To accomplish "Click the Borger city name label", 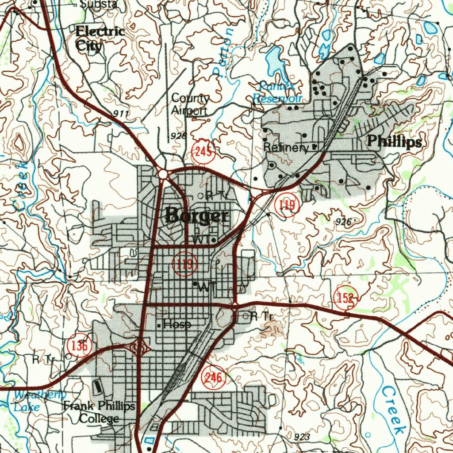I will [197, 216].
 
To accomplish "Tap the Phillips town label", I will [395, 142].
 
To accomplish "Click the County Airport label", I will [190, 104].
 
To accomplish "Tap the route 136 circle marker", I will [80, 346].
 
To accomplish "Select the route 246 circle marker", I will [214, 378].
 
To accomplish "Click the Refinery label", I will [286, 148].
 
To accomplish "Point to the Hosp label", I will [177, 325].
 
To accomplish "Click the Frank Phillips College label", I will [99, 412].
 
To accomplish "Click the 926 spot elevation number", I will [343, 222].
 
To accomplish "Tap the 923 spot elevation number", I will [301, 437].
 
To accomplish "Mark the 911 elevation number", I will [120, 114].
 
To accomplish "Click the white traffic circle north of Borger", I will [163, 175].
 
